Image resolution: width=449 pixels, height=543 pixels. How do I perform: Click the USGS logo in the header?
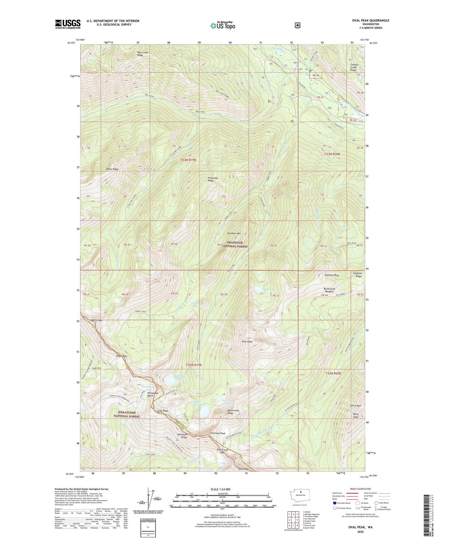click(68, 24)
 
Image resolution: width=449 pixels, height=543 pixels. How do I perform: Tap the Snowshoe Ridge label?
click(211, 179)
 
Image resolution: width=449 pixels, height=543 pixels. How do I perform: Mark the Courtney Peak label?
click(217, 433)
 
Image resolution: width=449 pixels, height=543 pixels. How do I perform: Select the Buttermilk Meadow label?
click(329, 290)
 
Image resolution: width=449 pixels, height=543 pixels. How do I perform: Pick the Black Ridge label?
click(112, 169)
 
